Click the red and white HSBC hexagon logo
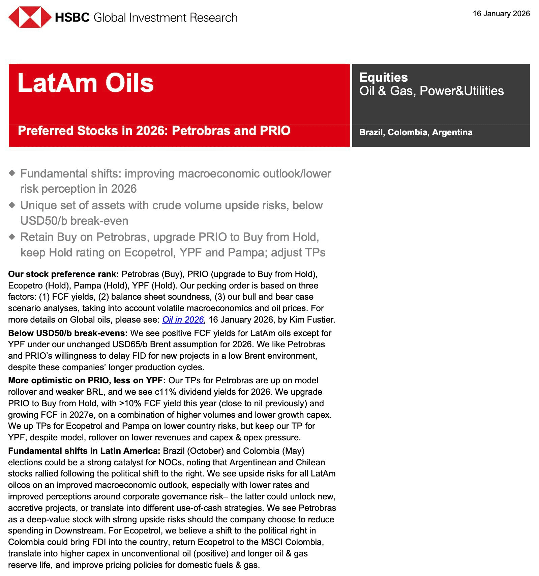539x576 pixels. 30,17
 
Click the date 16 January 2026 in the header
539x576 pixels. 501,13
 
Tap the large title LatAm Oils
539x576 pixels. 86,83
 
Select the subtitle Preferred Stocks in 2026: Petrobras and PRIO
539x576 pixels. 154,131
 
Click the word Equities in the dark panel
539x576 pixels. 383,77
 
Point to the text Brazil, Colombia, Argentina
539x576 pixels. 416,132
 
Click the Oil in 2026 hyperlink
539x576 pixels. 183,320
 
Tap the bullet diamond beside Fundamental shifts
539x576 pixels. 12,173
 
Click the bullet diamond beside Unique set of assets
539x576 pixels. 12,205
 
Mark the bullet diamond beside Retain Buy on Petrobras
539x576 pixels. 12,237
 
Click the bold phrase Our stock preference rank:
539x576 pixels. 63,274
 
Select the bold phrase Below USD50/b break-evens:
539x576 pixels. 68,333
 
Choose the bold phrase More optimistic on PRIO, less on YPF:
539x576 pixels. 87,380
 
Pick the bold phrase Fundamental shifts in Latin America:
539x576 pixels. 84,451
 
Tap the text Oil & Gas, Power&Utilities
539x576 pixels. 431,91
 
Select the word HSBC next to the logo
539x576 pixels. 72,17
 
